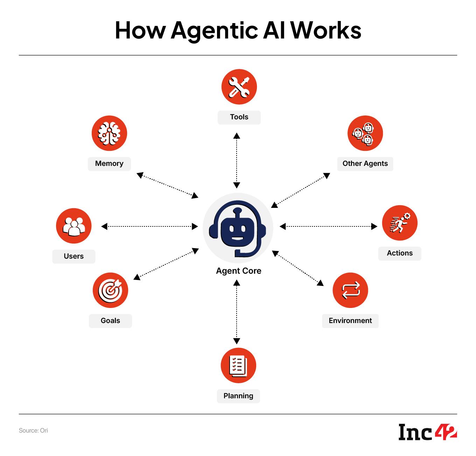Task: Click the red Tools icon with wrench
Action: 239,87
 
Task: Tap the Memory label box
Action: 109,164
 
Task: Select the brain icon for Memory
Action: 109,133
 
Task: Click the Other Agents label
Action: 365,164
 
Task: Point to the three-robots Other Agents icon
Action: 365,133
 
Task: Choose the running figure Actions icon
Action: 400,223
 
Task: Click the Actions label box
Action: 400,253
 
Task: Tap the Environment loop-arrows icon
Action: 350,290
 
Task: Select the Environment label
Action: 350,321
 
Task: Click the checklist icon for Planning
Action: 238,365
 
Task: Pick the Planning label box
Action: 238,396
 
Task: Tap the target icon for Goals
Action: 110,290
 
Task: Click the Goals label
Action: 110,321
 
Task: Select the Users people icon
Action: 73,226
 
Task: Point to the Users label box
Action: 73,257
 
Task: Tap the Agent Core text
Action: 239,271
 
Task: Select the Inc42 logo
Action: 428,432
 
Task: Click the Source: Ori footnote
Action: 33,431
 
